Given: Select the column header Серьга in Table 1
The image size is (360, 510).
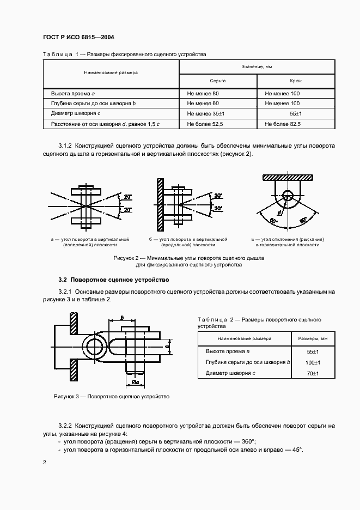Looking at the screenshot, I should coord(218,80).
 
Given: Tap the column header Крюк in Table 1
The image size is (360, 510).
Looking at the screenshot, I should coord(296,80).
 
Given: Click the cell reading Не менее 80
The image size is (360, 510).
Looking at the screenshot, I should coord(203,93).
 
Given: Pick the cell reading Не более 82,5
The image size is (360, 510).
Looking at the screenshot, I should coord(283,124).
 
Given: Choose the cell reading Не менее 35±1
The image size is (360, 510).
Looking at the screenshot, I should coord(206,114).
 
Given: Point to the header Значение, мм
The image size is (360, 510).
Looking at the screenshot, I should coord(257,66).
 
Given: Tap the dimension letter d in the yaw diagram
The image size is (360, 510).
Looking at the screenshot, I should coord(279,212).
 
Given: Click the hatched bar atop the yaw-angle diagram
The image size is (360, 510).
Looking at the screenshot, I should coord(288,178).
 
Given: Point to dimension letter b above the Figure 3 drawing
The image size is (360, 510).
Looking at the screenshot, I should coord(122,317).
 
